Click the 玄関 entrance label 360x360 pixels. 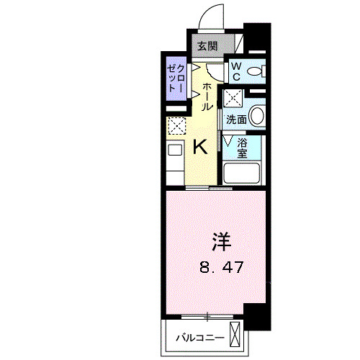tap(207, 45)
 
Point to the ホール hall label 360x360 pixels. tap(207, 96)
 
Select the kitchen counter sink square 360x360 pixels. tap(175, 150)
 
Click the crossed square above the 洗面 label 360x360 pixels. tap(232, 97)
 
